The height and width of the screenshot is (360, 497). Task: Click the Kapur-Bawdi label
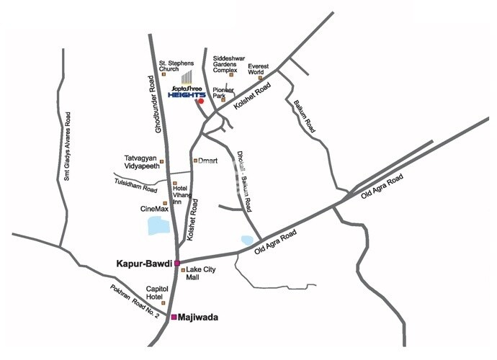coord(143,264)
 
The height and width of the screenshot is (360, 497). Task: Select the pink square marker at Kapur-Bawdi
coord(176,264)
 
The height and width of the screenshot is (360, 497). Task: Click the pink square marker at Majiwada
coord(173,317)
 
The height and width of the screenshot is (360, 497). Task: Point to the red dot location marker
coord(201,102)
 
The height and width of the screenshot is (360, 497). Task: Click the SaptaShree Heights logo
coord(186,88)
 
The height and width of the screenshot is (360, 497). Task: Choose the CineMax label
coord(153,209)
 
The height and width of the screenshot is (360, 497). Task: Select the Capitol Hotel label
coord(157,292)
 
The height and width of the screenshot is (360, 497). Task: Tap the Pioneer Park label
coord(233,93)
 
